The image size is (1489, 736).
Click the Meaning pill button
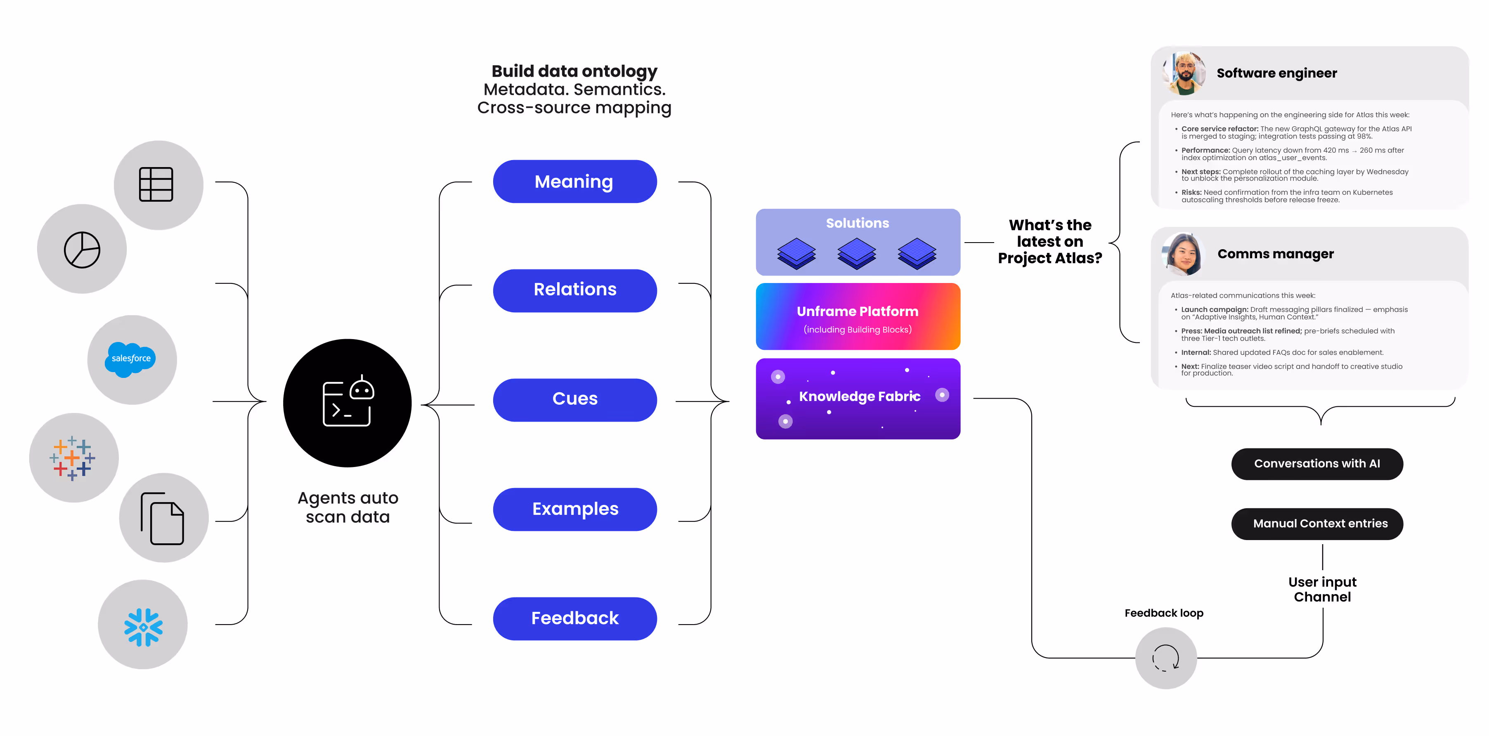click(574, 182)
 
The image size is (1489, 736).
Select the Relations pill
click(574, 290)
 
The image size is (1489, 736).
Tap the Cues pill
click(574, 399)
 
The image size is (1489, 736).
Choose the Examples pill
click(574, 509)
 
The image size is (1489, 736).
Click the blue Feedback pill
click(574, 618)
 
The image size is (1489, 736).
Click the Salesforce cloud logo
click(131, 359)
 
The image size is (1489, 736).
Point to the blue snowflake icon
click(143, 626)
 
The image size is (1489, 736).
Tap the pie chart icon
click(82, 250)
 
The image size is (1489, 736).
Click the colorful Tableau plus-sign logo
click(72, 458)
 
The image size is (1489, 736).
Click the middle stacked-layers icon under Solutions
click(857, 253)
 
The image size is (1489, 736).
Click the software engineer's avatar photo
click(1184, 73)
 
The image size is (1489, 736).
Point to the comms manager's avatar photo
click(1183, 254)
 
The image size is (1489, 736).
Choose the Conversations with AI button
click(1317, 464)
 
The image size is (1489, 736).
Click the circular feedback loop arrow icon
click(1165, 658)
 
